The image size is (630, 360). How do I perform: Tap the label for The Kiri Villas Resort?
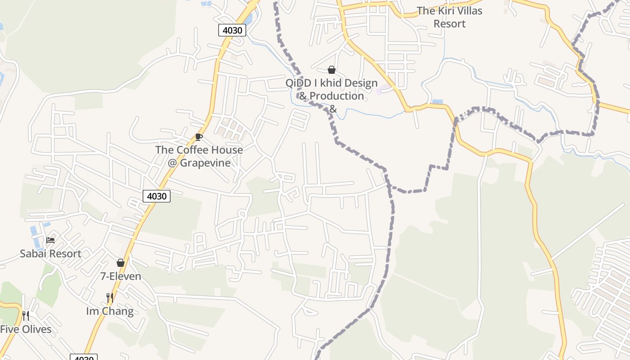[449, 17]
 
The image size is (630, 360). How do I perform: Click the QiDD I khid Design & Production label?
[332, 90]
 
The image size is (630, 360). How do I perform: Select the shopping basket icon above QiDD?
[332, 70]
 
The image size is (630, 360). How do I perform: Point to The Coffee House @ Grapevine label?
[199, 156]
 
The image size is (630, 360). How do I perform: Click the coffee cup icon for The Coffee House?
[199, 137]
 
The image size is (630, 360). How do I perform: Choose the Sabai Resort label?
[50, 254]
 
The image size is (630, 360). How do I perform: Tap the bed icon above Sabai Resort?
[50, 240]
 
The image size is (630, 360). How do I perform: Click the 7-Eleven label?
[121, 276]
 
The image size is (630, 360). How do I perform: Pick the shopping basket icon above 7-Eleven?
[121, 263]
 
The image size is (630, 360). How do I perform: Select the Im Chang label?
[110, 311]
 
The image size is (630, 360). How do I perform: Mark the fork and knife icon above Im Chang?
[109, 298]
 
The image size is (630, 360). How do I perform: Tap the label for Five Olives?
[26, 329]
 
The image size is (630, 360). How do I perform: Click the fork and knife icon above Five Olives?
[26, 316]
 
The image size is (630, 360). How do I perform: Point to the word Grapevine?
[205, 163]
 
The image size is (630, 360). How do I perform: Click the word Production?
[337, 96]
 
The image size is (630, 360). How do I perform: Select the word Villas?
[465, 11]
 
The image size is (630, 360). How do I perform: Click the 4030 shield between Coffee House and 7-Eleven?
[157, 196]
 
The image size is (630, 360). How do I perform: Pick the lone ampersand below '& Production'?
[333, 108]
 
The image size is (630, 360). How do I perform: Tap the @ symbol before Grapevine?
[172, 163]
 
